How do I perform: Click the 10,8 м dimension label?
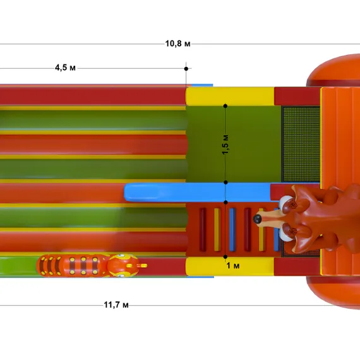click(x=177, y=44)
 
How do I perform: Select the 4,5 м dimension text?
click(x=65, y=68)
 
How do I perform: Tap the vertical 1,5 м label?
click(x=225, y=145)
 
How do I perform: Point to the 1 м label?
click(x=233, y=266)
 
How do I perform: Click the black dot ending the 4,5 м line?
click(x=186, y=69)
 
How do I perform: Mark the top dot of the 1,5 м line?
click(x=225, y=106)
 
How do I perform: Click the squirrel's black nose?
click(x=258, y=219)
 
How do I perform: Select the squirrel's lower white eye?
click(x=285, y=234)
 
